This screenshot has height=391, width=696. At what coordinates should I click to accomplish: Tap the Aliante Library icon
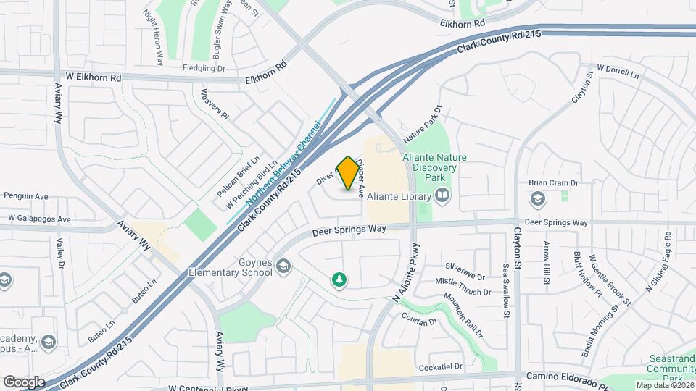(x=442, y=195)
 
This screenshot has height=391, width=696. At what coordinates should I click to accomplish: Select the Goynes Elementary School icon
(x=283, y=269)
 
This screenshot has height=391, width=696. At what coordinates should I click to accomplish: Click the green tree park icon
(x=338, y=279)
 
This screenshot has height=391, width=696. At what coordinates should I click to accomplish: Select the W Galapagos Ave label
(x=40, y=219)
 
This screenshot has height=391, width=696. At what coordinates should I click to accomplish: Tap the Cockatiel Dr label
(x=440, y=367)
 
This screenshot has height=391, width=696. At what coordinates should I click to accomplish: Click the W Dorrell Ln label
(x=617, y=71)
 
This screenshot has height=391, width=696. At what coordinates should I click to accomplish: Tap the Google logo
(x=24, y=382)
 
